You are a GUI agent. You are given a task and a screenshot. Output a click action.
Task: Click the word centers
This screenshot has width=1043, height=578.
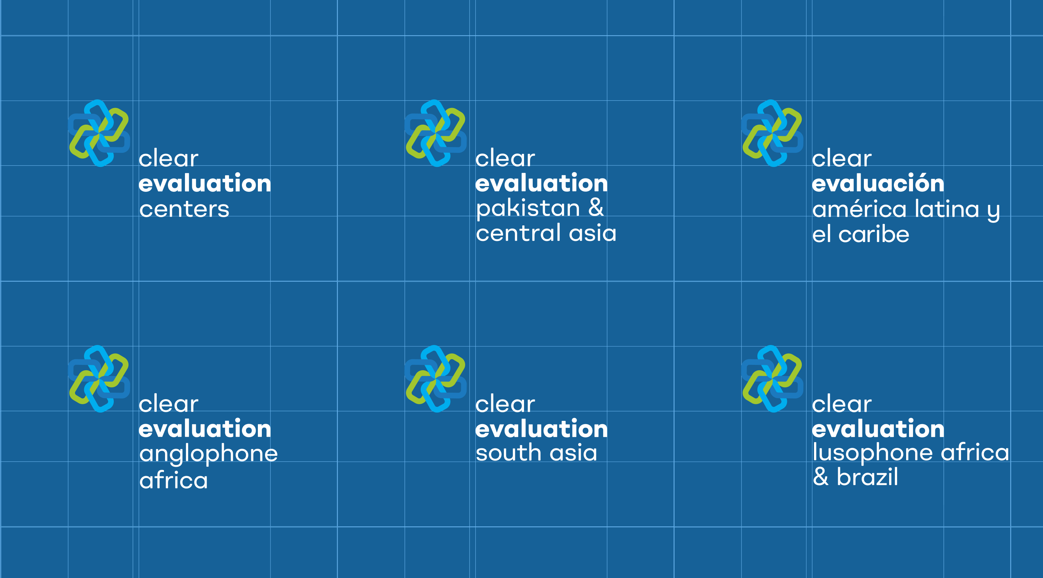click(x=184, y=210)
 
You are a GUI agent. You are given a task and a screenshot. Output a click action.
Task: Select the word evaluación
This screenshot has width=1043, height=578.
click(x=878, y=183)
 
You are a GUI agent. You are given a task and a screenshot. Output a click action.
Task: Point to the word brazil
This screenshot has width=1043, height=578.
click(x=867, y=477)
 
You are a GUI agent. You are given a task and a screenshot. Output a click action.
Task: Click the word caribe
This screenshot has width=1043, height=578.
click(x=874, y=234)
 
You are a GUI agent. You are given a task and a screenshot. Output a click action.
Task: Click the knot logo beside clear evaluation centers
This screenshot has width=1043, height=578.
click(x=99, y=133)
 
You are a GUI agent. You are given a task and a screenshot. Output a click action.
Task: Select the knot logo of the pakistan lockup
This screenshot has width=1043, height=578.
click(x=436, y=133)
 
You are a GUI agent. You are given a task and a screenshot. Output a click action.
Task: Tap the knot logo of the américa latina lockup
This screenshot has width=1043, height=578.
click(x=772, y=133)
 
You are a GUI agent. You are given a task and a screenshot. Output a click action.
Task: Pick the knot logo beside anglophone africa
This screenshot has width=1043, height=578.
click(x=99, y=379)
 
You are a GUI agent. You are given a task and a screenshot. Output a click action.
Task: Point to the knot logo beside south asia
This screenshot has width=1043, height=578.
click(x=436, y=379)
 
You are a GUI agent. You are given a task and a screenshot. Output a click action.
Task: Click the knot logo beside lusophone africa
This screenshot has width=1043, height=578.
click(x=772, y=379)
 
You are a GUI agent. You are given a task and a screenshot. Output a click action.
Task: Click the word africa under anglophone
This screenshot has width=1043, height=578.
click(x=173, y=480)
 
